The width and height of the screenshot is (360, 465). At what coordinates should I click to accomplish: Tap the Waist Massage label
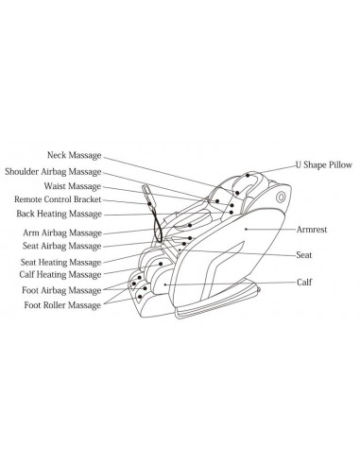click(x=73, y=185)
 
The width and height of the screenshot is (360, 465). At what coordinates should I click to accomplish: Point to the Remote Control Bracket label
click(x=58, y=199)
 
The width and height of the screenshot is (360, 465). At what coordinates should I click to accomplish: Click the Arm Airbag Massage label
click(x=63, y=232)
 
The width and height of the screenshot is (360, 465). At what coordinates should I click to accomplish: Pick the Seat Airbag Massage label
click(x=62, y=246)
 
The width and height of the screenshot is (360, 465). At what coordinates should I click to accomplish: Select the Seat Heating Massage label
click(x=61, y=262)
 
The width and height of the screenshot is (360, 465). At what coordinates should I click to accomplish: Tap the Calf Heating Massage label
click(x=61, y=275)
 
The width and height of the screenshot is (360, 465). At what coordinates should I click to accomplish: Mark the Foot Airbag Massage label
click(x=63, y=290)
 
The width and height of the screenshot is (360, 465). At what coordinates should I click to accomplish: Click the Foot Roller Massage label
click(x=63, y=304)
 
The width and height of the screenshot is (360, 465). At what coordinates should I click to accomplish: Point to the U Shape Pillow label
click(x=325, y=163)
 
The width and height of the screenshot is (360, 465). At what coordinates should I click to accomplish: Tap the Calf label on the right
click(x=306, y=282)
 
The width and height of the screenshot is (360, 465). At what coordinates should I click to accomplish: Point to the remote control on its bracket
click(x=148, y=203)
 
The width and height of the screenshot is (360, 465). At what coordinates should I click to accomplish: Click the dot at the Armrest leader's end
click(x=247, y=228)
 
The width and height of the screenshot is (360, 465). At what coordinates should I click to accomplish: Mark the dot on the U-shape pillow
click(x=249, y=175)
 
